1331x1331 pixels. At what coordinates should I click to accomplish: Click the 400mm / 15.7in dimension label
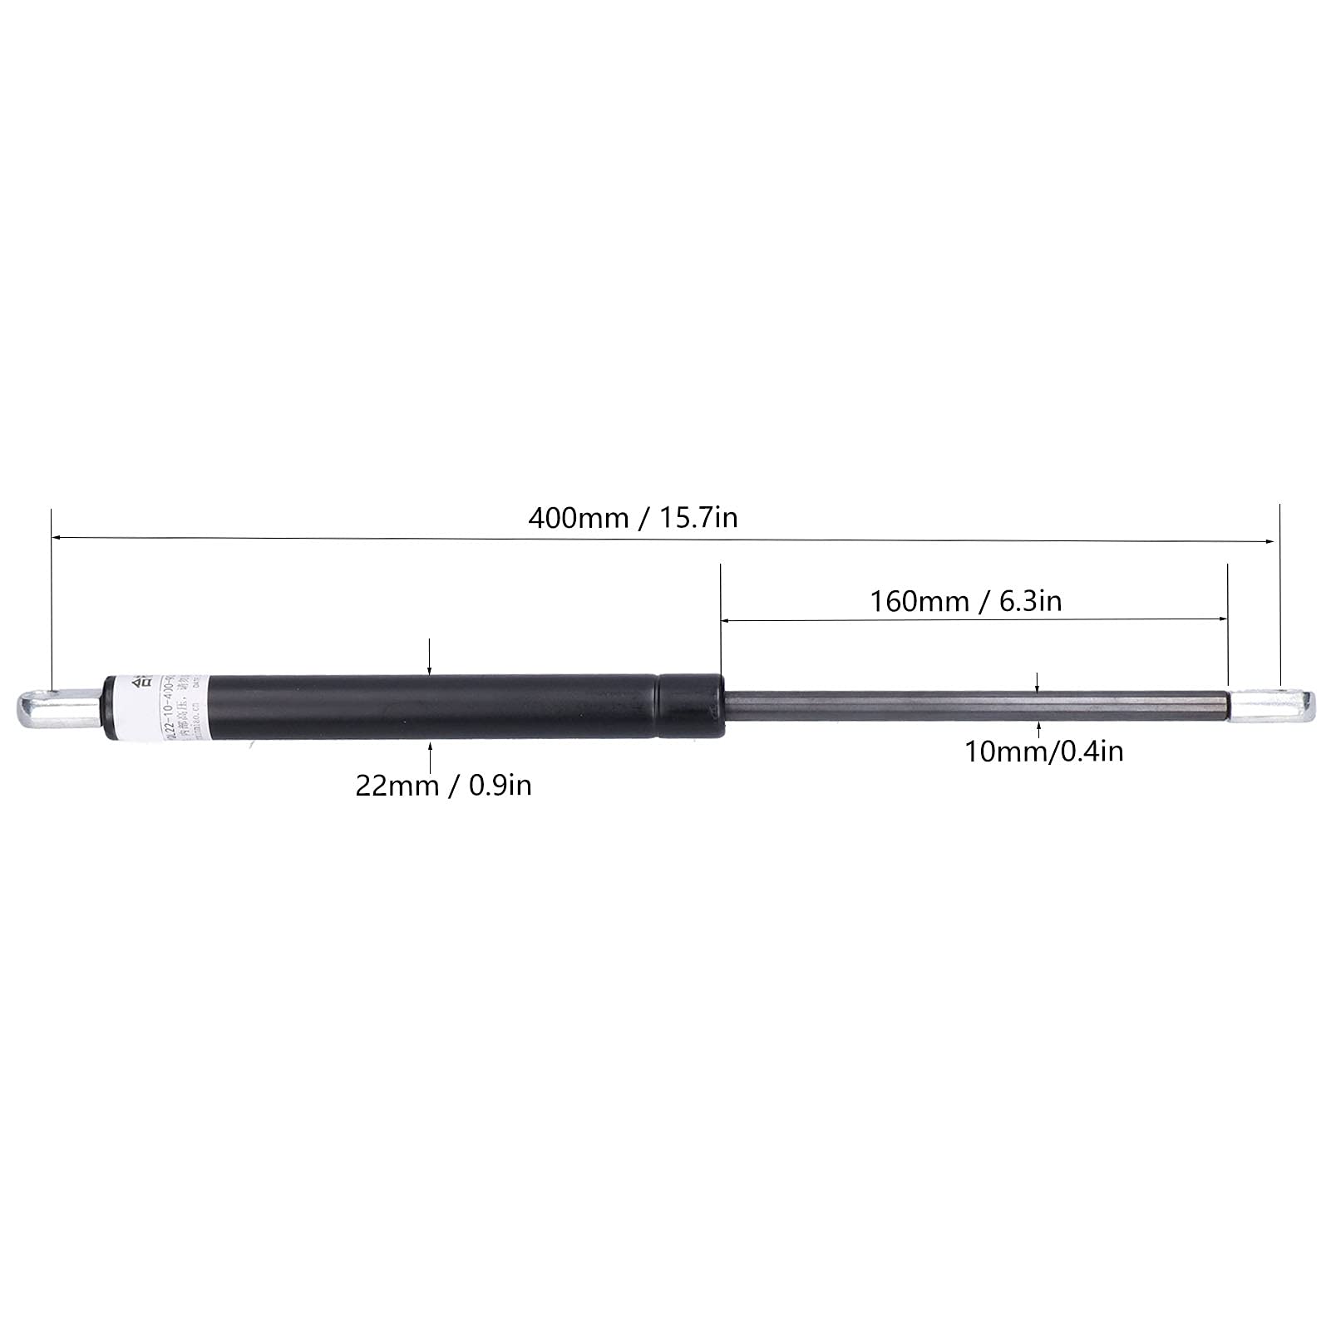coord(633,518)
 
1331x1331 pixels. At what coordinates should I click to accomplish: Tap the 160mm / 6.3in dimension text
coord(965,600)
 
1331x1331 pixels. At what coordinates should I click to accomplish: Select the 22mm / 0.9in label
coord(443,785)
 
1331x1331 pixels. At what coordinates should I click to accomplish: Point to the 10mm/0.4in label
coord(1043,752)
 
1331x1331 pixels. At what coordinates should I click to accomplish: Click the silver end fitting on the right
coord(1271,706)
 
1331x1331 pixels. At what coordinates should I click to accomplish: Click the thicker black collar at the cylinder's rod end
coord(690,707)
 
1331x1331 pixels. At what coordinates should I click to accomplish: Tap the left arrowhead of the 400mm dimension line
coord(57,538)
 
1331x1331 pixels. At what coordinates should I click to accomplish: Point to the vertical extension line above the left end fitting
coord(52,599)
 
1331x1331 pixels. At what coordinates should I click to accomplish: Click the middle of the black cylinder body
coord(432,707)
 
